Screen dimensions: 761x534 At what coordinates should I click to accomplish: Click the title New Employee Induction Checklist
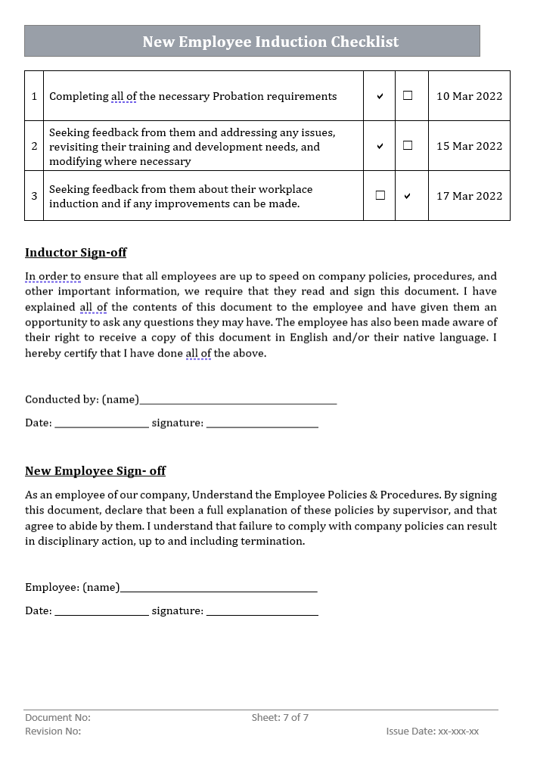[x=270, y=42]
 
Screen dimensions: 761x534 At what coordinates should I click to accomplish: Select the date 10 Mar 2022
[x=469, y=96]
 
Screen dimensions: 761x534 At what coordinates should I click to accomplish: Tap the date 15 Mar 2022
[x=469, y=146]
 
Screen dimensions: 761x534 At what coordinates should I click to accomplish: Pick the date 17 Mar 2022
[x=469, y=196]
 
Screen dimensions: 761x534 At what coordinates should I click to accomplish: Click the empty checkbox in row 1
[x=408, y=96]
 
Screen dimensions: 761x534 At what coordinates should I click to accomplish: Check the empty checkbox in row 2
[x=408, y=145]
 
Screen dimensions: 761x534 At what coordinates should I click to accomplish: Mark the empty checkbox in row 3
[x=380, y=195]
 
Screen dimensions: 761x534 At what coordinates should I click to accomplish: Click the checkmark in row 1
[x=380, y=97]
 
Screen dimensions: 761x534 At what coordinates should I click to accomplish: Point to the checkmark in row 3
[x=408, y=196]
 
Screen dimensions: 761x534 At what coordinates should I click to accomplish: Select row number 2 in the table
[x=34, y=146]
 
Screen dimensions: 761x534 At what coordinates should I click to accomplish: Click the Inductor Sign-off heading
[x=76, y=253]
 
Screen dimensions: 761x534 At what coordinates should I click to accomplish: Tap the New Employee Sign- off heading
[x=95, y=471]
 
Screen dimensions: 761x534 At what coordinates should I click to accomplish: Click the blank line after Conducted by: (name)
[x=238, y=402]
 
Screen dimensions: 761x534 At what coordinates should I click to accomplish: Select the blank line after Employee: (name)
[x=219, y=589]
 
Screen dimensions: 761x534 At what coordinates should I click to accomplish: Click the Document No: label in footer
[x=57, y=717]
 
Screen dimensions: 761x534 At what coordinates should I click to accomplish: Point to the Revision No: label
[x=53, y=731]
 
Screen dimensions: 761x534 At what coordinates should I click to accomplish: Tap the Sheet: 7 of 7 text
[x=280, y=717]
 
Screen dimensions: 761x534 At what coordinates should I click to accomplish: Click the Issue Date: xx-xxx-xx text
[x=432, y=731]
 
